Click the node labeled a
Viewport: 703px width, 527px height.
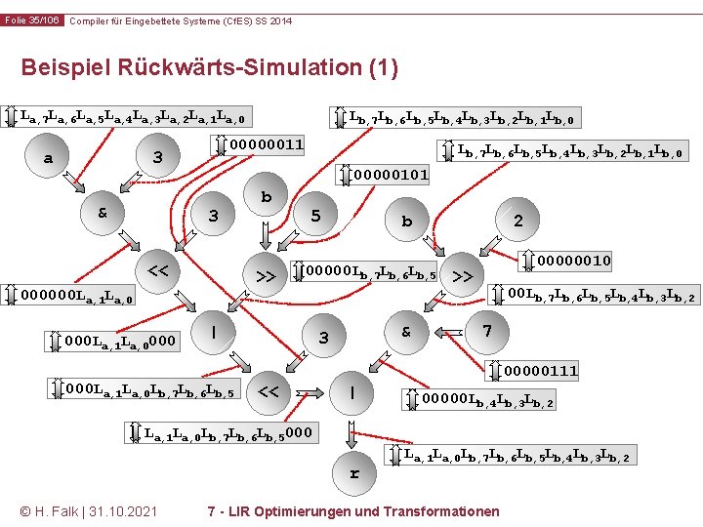point(48,158)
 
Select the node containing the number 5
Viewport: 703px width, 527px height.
point(315,216)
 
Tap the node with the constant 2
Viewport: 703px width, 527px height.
point(517,222)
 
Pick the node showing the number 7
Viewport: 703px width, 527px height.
point(486,331)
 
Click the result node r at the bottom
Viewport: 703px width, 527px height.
point(354,474)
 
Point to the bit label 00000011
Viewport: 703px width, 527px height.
point(266,145)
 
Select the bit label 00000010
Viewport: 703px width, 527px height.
point(573,261)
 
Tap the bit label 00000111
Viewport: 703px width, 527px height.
point(541,370)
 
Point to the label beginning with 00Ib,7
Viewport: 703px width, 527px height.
point(600,295)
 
